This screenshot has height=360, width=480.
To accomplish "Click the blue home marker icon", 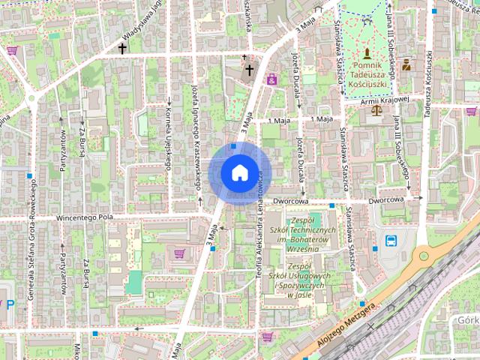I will point(239,172).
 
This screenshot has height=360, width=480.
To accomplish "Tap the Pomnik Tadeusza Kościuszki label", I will point(367,72).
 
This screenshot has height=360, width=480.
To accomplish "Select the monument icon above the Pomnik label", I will point(367,53).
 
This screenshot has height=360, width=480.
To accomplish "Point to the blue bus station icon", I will point(391,241).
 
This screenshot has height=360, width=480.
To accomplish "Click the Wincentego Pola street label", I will point(85,217).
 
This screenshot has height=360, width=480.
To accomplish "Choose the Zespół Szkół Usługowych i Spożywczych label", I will point(299,280).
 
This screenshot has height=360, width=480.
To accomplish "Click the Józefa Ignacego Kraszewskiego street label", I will point(196,146).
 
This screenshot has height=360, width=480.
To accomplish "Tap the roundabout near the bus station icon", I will point(425,256).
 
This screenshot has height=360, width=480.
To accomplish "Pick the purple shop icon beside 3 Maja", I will point(271,78).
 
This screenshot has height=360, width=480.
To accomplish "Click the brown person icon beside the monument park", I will point(406,64).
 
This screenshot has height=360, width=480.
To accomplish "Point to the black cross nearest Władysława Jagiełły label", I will point(122,48).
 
